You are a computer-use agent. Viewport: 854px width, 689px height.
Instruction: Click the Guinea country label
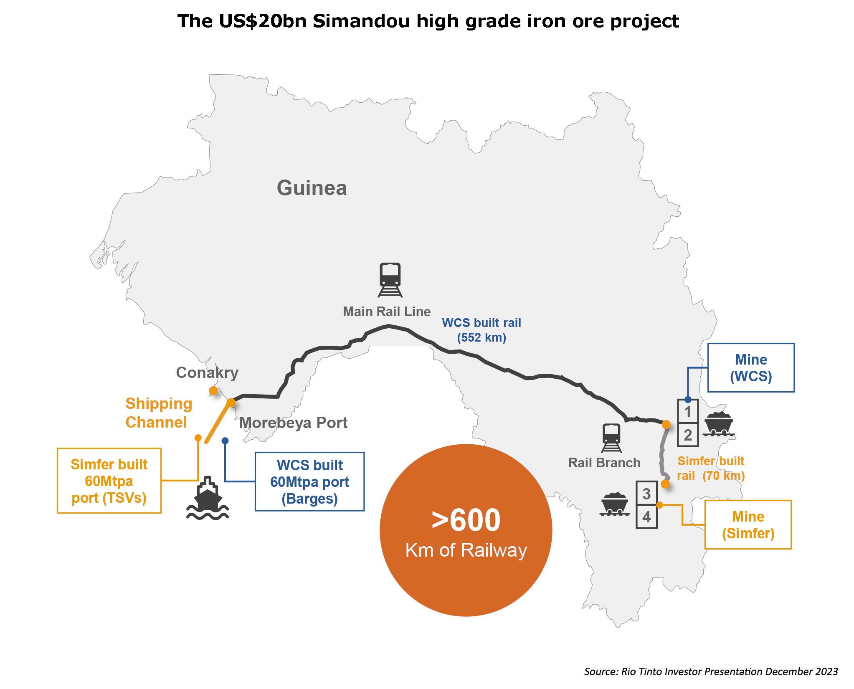click(x=312, y=188)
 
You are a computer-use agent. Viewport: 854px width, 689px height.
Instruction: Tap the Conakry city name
click(x=207, y=372)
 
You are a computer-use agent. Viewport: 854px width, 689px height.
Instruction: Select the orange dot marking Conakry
click(x=213, y=391)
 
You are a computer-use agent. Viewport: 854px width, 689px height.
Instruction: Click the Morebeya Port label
click(x=293, y=423)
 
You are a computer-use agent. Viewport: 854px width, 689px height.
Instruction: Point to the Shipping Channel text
click(x=158, y=413)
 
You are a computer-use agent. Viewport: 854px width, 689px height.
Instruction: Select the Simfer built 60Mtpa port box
click(x=109, y=481)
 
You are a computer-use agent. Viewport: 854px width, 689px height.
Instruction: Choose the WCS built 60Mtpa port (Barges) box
click(x=309, y=481)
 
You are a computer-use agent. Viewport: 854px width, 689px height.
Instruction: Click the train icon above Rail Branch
click(x=611, y=438)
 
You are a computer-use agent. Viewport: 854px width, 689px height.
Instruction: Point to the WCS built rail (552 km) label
click(x=481, y=330)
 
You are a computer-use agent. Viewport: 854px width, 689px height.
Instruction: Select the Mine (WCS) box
click(x=751, y=368)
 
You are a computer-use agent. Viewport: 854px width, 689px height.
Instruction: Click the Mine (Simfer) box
click(x=748, y=525)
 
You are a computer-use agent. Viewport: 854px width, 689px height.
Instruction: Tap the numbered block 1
click(x=688, y=412)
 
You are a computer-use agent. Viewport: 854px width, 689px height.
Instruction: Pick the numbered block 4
click(x=646, y=517)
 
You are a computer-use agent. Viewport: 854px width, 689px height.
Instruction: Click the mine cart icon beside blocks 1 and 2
click(x=718, y=423)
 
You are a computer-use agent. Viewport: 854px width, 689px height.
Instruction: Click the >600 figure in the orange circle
click(x=466, y=520)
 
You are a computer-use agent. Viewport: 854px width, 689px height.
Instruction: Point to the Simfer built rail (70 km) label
click(x=711, y=468)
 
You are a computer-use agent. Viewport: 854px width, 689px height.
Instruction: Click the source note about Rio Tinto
click(x=711, y=671)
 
